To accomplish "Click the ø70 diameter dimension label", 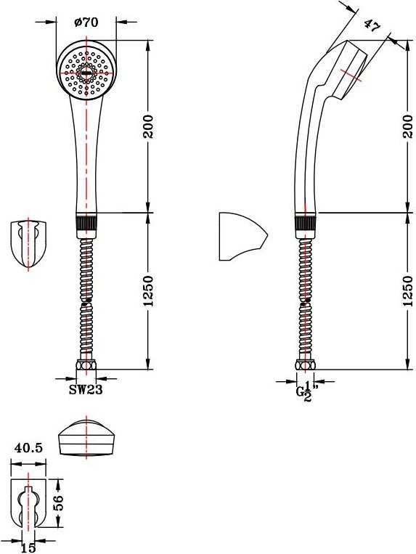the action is coord(86,23).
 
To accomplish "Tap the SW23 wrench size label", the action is coord(86,390).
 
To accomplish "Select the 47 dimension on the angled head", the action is coord(372,25).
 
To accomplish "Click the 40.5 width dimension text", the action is coord(28,448).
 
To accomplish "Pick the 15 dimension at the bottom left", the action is coord(28,548).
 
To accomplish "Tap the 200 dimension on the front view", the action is coord(148,126).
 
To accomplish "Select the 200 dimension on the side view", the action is coord(407,126).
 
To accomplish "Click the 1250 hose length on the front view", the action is coord(148,290).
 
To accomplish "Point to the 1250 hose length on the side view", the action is coord(407,290).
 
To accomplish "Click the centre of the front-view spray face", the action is coord(86,73).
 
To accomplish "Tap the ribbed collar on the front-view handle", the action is coord(86,223).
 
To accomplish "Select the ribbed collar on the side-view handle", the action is coord(305,223).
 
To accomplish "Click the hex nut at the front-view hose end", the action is coord(86,364).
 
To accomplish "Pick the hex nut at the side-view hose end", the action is coord(305,364).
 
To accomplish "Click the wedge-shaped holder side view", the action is coord(242,237).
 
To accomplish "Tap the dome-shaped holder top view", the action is coord(86,436).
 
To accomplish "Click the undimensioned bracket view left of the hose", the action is coord(28,245).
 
